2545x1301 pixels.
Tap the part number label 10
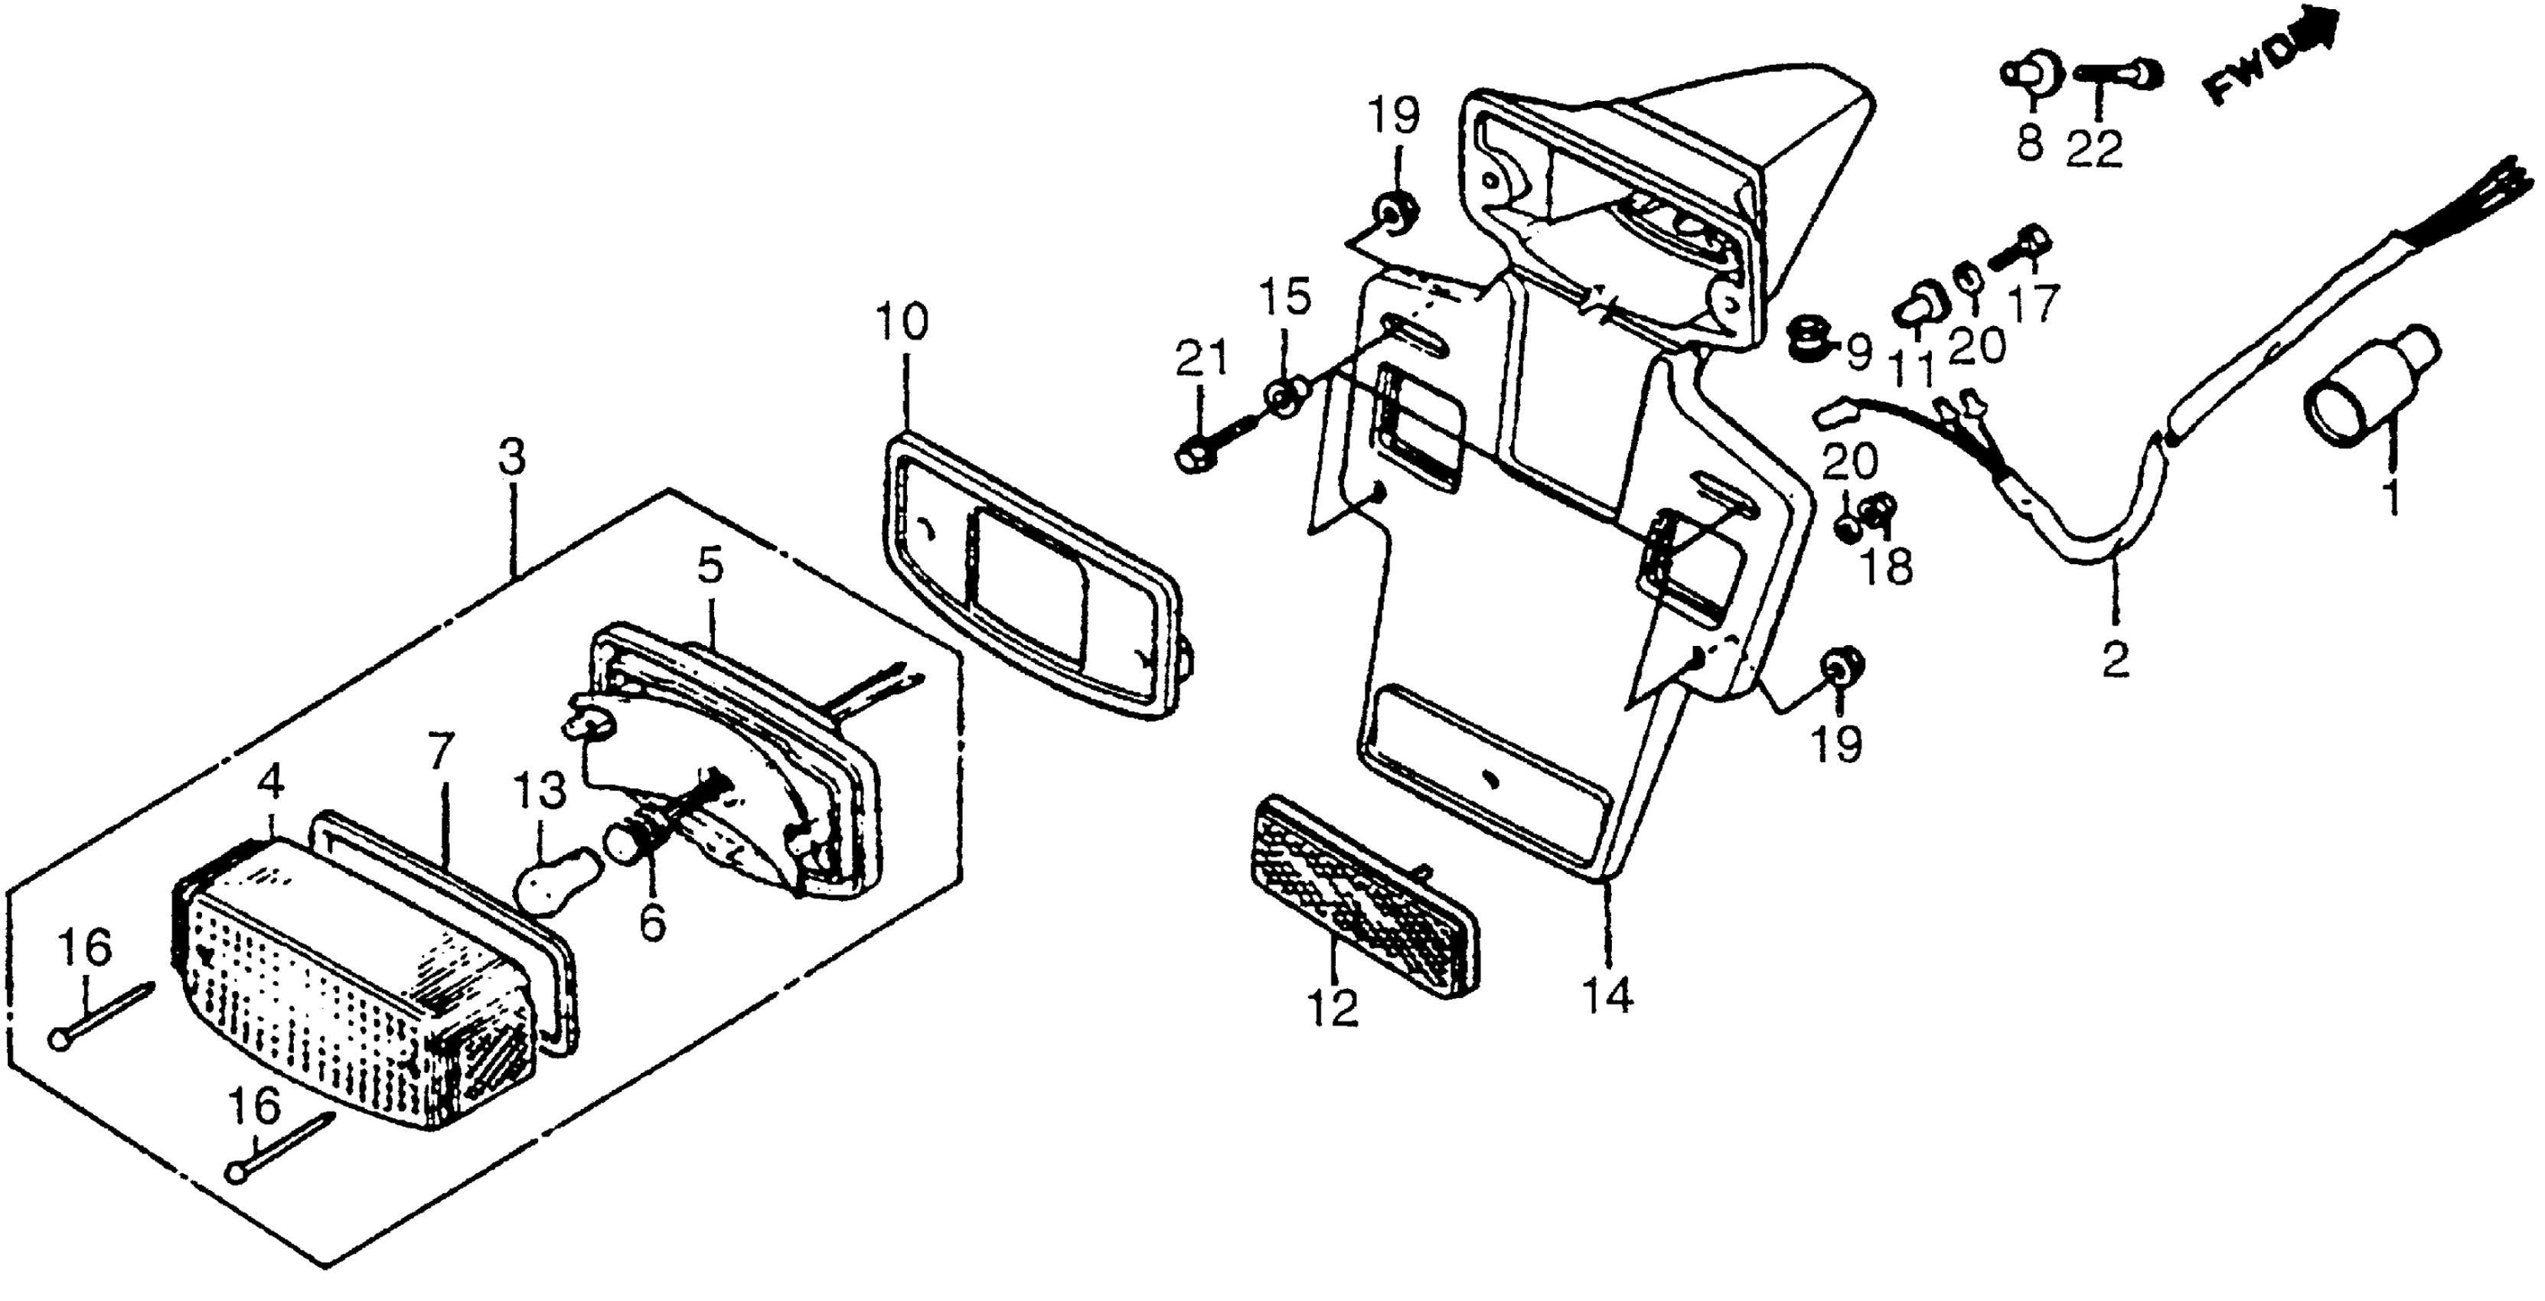pyautogui.click(x=901, y=323)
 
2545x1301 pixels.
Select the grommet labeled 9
pyautogui.click(x=1807, y=341)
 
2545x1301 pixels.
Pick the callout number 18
pyautogui.click(x=1887, y=568)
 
